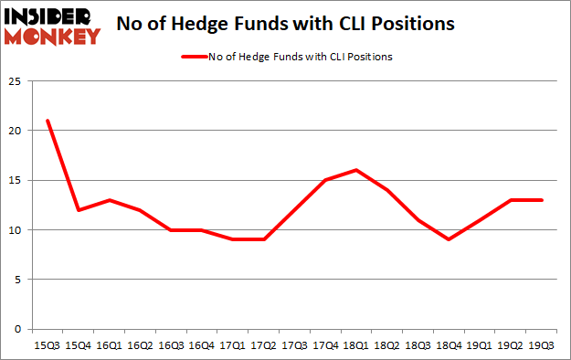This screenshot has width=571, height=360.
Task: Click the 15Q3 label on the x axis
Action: coord(47,344)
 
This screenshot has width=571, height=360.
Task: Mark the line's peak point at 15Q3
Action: coord(47,121)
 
